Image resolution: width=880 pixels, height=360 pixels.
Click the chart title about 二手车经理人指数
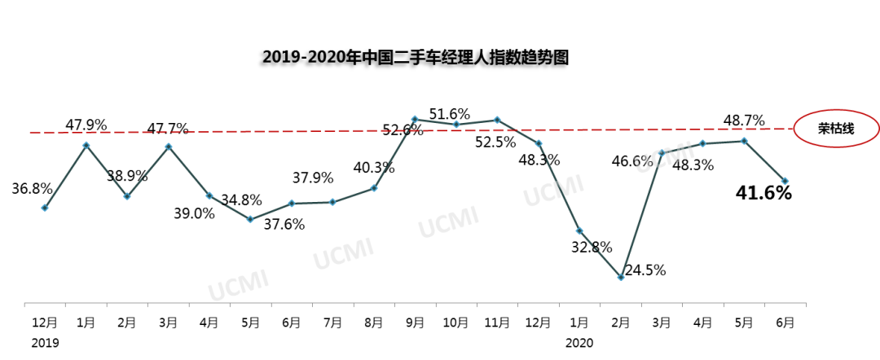(415, 57)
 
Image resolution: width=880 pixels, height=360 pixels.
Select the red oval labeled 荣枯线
(836, 129)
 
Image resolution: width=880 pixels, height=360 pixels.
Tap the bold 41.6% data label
(763, 193)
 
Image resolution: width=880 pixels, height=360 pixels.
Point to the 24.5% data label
(646, 270)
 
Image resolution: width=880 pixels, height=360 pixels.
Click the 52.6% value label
(403, 130)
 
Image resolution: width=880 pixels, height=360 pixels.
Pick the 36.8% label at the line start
(32, 188)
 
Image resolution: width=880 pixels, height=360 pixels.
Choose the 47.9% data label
(86, 125)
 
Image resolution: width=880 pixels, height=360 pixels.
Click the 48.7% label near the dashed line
(744, 121)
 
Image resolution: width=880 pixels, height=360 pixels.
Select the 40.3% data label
(374, 168)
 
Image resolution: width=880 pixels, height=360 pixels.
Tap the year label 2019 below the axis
(46, 343)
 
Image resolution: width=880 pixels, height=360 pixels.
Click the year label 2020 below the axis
(579, 343)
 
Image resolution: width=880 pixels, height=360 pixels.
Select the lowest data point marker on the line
(621, 278)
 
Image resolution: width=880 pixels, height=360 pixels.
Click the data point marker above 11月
(498, 120)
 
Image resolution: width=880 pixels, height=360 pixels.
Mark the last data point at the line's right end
(785, 181)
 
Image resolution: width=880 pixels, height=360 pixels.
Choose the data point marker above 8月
(374, 188)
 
